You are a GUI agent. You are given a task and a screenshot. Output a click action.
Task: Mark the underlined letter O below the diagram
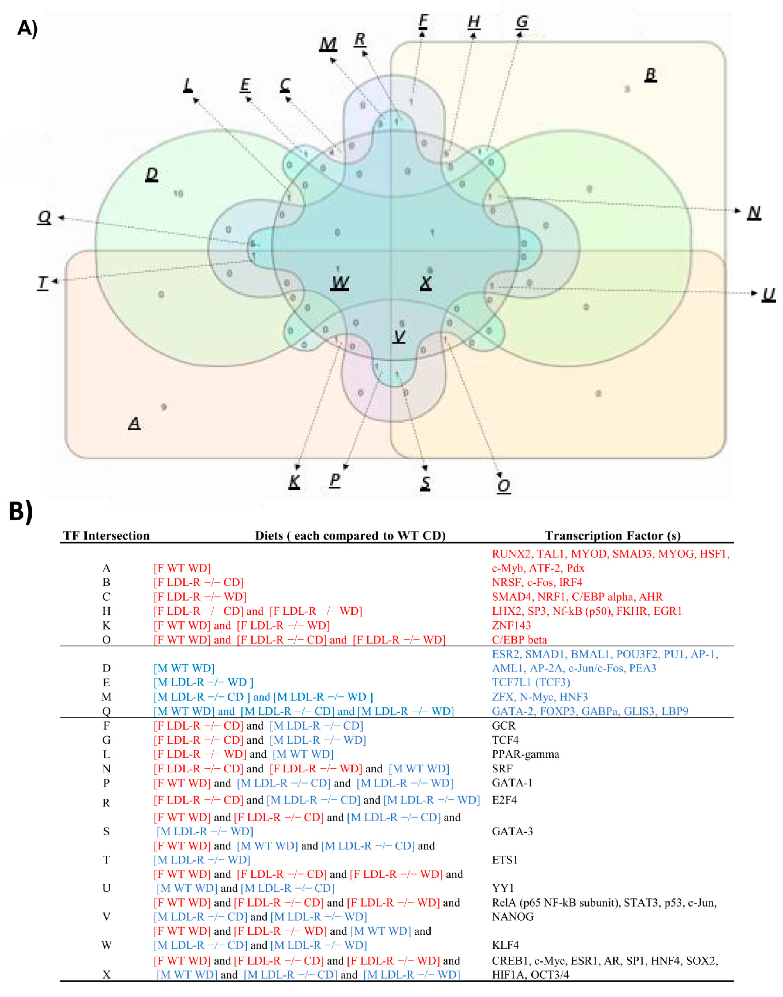503,485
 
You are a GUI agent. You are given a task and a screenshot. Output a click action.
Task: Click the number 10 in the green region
178,194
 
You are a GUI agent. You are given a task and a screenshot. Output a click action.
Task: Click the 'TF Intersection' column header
106,536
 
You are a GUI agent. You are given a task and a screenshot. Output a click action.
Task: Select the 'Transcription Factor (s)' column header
612,536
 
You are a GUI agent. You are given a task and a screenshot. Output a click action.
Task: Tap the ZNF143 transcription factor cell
511,625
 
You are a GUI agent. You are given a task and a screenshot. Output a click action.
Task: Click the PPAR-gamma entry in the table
525,754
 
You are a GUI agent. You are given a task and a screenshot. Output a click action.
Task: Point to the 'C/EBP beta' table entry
519,640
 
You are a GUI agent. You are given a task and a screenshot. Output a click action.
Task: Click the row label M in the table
106,697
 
